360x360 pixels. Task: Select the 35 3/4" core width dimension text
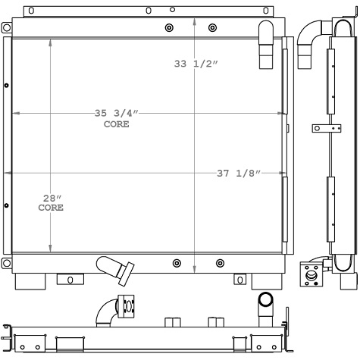coord(116,113)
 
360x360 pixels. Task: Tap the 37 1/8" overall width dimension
coord(239,174)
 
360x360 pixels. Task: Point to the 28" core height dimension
coord(52,198)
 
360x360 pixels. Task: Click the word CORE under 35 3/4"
coord(116,124)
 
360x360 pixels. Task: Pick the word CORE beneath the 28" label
coord(51,207)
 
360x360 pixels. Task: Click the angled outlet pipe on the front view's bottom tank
coord(115,268)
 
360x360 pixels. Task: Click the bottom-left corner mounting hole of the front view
coord(7,263)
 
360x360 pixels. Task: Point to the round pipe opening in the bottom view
coord(266,301)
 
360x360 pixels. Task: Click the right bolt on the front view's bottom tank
coord(220,264)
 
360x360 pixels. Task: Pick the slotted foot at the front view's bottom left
coord(70,280)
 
